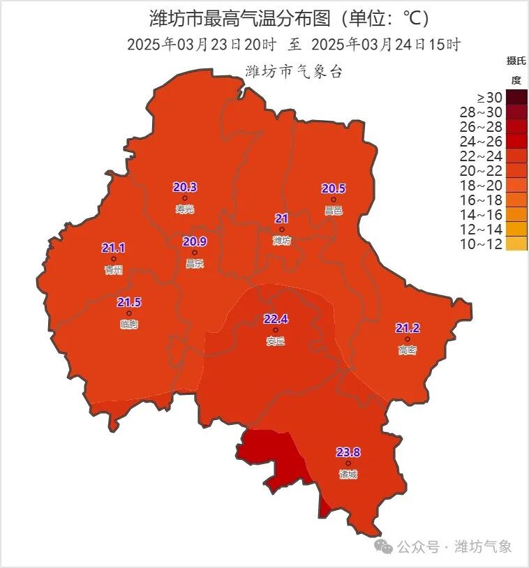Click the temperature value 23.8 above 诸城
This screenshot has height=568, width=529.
(348, 452)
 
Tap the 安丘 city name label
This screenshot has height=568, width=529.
(276, 341)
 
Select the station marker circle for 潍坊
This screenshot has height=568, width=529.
(282, 229)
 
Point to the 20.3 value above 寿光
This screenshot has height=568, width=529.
(185, 187)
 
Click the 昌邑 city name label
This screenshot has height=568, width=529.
(334, 210)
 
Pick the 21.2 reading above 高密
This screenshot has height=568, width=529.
(407, 328)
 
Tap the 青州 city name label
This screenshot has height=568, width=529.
(113, 270)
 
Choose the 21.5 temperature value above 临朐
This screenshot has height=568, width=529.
(129, 302)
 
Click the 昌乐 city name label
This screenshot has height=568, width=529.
(195, 263)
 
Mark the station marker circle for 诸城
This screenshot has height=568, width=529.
(348, 463)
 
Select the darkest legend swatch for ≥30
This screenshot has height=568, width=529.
(516, 97)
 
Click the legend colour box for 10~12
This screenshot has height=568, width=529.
(516, 244)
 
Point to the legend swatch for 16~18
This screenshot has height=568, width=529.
(516, 200)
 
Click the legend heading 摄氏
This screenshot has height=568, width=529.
(516, 61)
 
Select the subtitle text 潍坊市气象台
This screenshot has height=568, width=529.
(294, 72)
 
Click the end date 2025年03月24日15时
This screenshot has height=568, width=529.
(386, 45)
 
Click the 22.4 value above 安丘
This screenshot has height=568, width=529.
(276, 319)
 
